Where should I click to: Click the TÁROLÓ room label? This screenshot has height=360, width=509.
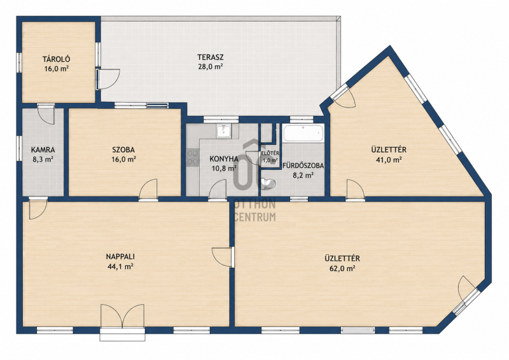[57, 59]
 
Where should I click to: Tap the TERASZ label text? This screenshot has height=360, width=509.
[211, 57]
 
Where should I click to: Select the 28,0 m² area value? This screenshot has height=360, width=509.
[211, 67]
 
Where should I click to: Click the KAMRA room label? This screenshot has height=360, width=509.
[43, 150]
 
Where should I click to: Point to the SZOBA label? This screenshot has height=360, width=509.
[123, 150]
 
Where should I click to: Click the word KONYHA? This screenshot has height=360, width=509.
[224, 159]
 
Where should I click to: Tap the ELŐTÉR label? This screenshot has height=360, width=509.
[270, 153]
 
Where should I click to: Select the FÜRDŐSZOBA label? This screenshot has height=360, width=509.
[303, 165]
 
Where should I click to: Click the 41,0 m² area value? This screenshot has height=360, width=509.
[389, 160]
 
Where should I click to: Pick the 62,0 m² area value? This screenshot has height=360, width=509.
[342, 268]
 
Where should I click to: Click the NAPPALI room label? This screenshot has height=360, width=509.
[120, 257]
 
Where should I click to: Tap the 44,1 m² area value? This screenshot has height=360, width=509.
[120, 267]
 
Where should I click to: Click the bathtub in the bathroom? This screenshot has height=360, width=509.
[303, 133]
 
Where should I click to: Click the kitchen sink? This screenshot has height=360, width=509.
[224, 131]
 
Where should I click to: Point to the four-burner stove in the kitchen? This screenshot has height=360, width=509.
[193, 158]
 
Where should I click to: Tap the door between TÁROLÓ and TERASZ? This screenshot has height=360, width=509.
[108, 79]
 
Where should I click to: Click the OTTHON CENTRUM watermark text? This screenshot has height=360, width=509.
[255, 211]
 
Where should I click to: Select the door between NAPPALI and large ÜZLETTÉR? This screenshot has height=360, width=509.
[222, 257]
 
